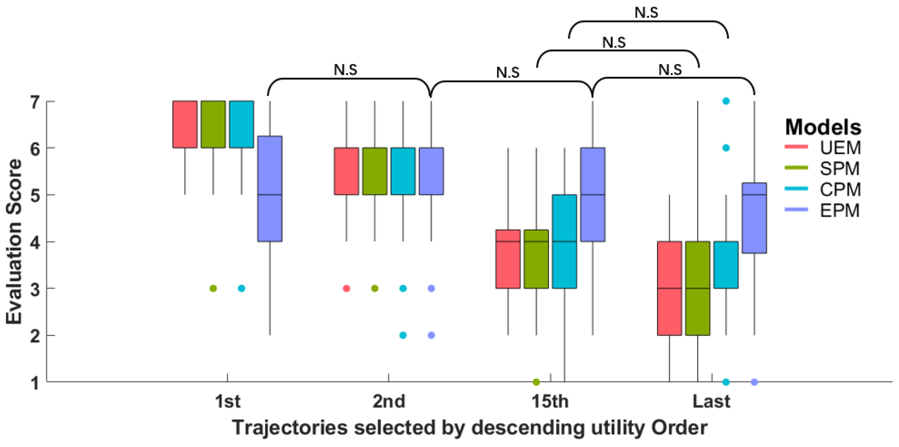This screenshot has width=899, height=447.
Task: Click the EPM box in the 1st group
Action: [270, 189]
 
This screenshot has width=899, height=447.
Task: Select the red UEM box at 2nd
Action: [346, 171]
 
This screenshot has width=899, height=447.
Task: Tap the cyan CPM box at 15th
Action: [564, 241]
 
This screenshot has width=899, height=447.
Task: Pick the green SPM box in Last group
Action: [697, 288]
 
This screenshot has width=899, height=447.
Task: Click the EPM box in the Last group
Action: [754, 217]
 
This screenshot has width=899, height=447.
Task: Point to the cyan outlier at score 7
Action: [726, 101]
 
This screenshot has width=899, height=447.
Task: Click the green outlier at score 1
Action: [536, 382]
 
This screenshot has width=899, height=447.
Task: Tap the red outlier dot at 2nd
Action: [346, 288]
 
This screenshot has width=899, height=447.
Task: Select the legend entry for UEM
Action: [823, 147]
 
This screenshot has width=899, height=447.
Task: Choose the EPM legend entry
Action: [823, 210]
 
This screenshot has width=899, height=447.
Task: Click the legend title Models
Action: [823, 127]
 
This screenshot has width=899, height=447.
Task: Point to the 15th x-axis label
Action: [550, 401]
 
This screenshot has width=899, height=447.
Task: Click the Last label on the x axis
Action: [711, 401]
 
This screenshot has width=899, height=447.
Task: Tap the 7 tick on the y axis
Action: [35, 102]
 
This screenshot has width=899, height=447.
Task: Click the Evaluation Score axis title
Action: [14, 242]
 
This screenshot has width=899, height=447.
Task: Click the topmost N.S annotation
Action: [646, 13]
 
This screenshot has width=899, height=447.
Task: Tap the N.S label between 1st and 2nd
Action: [345, 70]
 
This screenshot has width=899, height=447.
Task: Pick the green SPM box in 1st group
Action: [213, 124]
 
